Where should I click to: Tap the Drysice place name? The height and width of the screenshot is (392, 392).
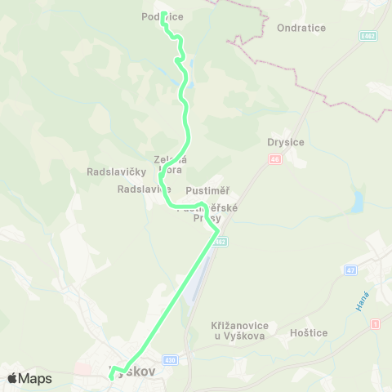(x=285, y=142)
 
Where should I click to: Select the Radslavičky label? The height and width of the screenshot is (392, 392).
(x=115, y=171)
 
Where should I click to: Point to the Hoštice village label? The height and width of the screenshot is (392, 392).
(x=309, y=333)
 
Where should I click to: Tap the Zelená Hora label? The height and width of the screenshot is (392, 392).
(x=171, y=165)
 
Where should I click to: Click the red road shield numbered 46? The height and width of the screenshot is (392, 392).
(x=274, y=159)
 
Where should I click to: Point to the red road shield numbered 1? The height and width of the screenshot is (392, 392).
(x=375, y=324)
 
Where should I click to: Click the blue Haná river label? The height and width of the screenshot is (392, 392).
(x=363, y=301)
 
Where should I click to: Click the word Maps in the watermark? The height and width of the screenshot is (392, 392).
(x=35, y=378)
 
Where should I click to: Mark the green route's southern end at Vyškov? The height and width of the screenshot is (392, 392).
(x=110, y=377)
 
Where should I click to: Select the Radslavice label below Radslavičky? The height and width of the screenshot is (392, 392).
(x=142, y=188)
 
